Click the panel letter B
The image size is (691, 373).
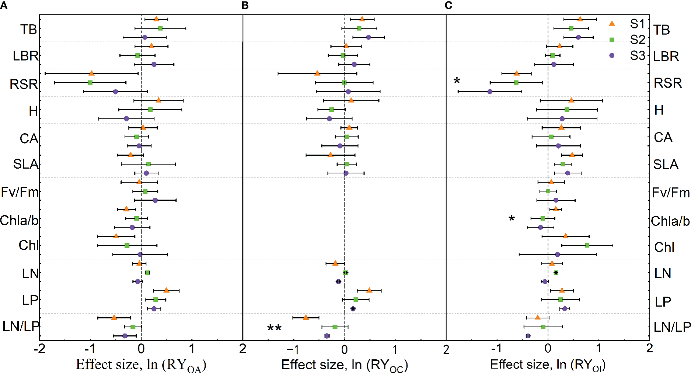245,5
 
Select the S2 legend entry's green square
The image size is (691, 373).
612,39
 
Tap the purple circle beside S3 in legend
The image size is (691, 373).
612,55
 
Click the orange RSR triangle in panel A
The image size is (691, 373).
92,73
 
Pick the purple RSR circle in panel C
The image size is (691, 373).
490,91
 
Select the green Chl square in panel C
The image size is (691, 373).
587,245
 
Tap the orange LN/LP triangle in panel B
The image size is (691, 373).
306,317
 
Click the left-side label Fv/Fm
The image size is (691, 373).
20,192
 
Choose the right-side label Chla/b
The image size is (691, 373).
670,221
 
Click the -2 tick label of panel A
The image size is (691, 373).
39,349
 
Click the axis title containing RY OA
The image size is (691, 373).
141,365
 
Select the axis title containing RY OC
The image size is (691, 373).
344,365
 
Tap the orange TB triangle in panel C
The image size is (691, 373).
580,19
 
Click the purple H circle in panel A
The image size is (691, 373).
126,119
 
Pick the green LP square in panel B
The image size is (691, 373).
356,300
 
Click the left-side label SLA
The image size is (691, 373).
25,164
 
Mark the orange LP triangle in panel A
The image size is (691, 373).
166,290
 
